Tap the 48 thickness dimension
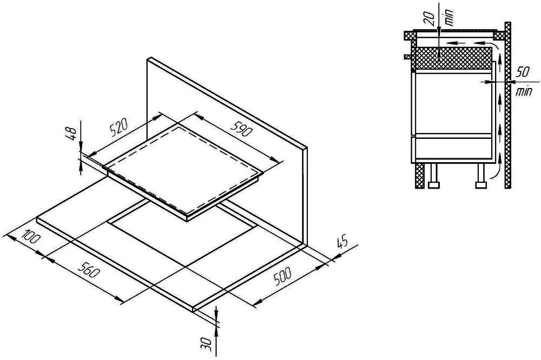pyautogui.click(x=71, y=133)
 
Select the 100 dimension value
pyautogui.click(x=31, y=237)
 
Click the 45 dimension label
pyautogui.click(x=341, y=242)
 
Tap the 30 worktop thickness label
pyautogui.click(x=207, y=344)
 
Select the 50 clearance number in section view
pyautogui.click(x=523, y=72)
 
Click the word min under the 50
pyautogui.click(x=523, y=92)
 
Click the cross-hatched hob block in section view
pyautogui.click(x=452, y=58)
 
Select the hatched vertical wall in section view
pyautogui.click(x=507, y=105)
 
